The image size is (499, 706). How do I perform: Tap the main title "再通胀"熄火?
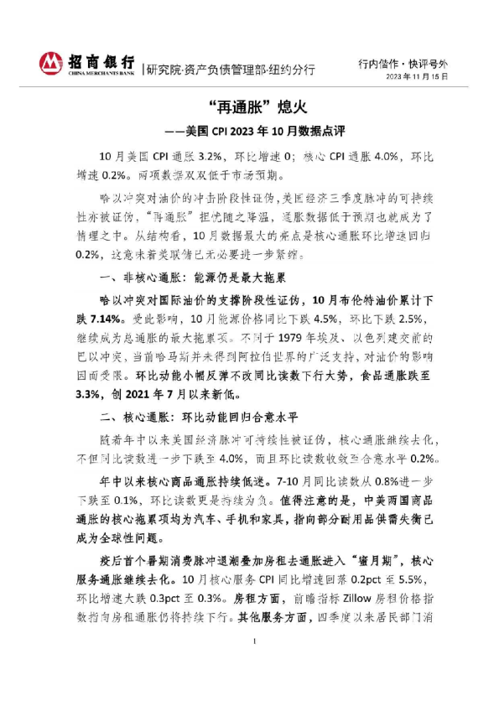tap(248, 107)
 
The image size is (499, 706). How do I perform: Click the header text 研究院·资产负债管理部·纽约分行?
tap(231, 70)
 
